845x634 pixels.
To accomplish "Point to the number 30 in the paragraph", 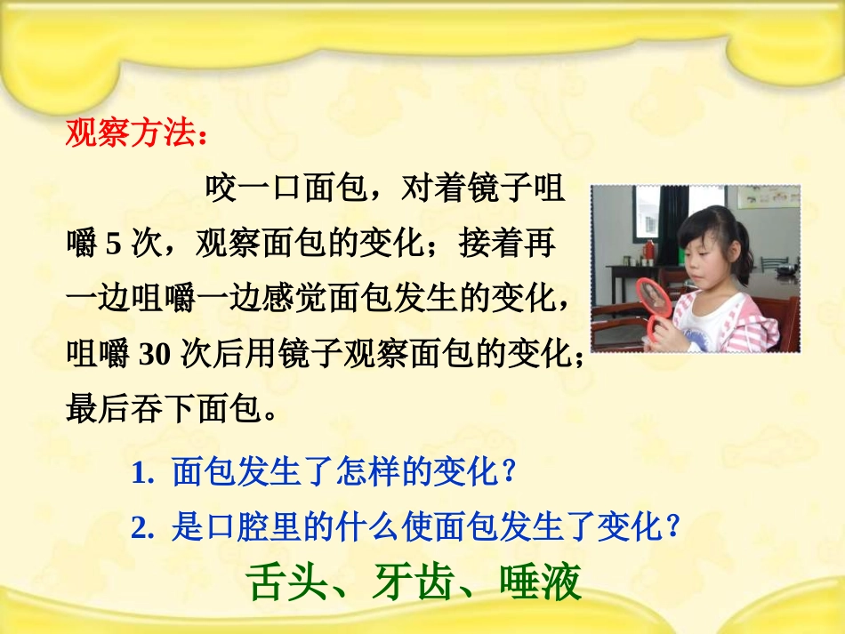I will (155, 353).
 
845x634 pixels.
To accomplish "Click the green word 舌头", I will (279, 583).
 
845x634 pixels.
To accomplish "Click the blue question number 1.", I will (138, 472).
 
